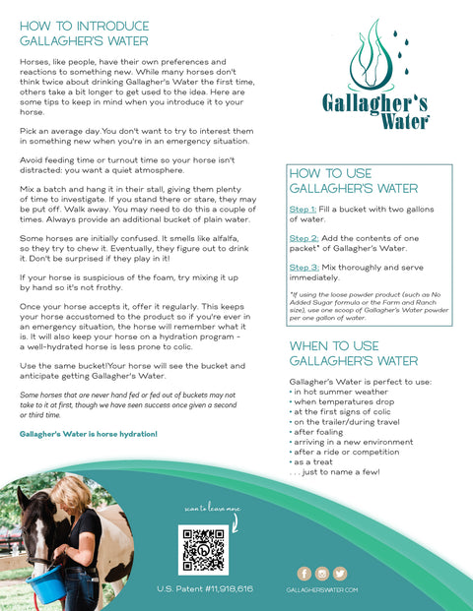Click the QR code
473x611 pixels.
(203, 549)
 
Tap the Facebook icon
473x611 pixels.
(304, 574)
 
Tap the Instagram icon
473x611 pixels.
(321, 574)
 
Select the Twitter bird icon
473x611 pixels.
(340, 574)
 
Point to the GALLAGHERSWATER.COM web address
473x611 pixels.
(321, 589)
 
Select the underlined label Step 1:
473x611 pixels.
(302, 210)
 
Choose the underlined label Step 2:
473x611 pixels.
(302, 238)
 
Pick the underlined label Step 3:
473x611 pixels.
(302, 267)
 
